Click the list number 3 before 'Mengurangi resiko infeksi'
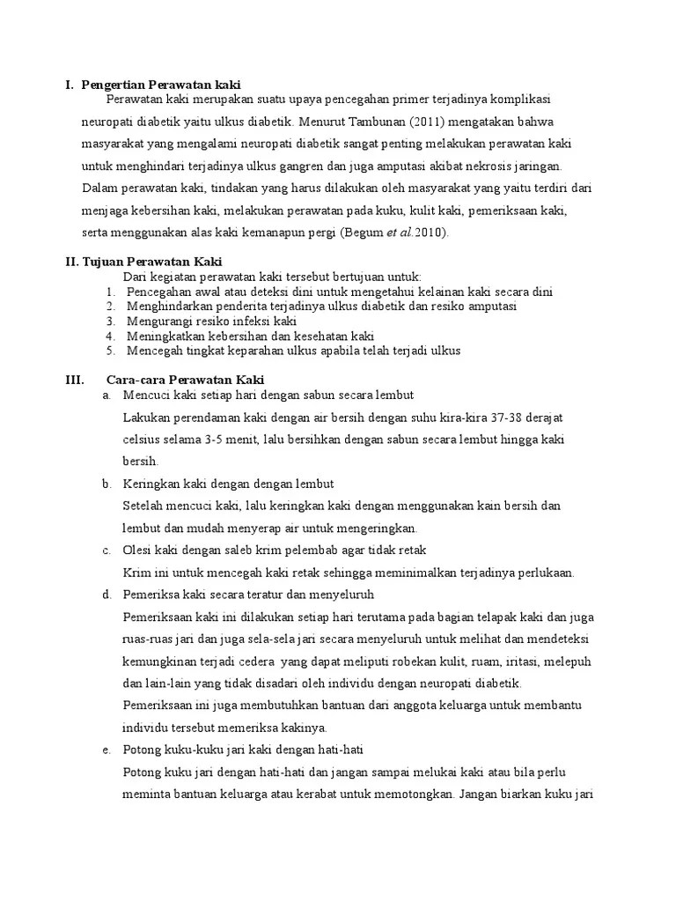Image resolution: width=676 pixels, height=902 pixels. click(110, 321)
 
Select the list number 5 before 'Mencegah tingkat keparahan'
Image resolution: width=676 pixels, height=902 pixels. click(110, 351)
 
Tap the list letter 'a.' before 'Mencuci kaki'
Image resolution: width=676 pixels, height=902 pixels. click(107, 395)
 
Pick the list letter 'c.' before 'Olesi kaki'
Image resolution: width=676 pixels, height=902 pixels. click(107, 550)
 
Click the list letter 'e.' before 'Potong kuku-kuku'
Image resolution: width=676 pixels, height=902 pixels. click(107, 750)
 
